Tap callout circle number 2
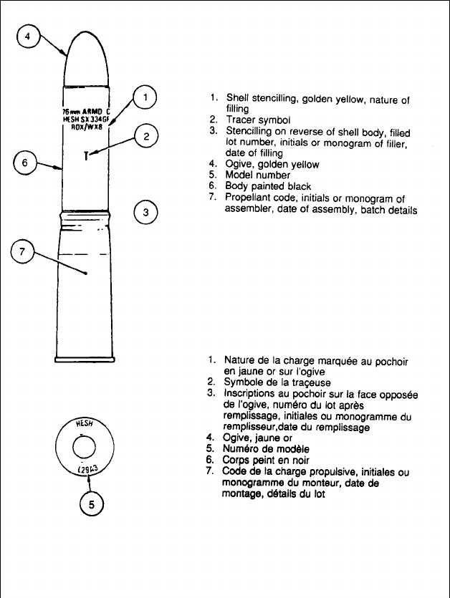tap(145, 136)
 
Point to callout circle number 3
tap(145, 212)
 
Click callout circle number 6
tap(25, 163)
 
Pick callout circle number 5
tap(91, 504)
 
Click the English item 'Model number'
tap(258, 174)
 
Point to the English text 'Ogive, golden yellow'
tap(273, 164)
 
